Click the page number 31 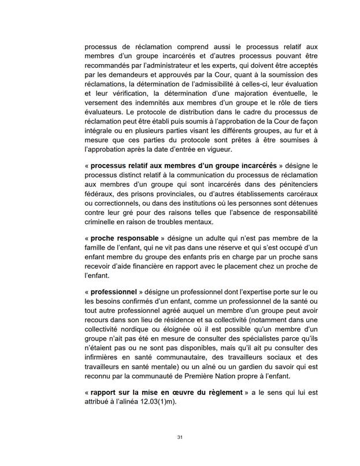pos(180,438)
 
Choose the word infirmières pos(104,348)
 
